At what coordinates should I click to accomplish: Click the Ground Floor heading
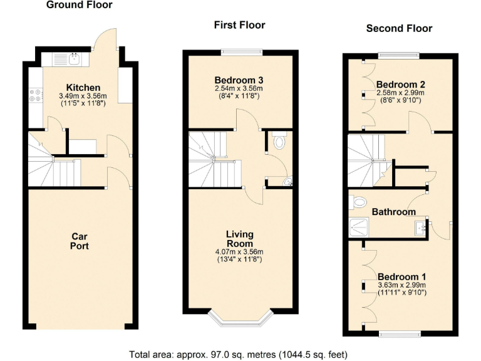80,5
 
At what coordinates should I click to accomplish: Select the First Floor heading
239,25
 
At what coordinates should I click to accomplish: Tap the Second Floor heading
399,28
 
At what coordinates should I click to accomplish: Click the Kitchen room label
83,87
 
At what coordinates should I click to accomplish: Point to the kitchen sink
75,60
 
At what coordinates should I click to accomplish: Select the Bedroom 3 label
239,80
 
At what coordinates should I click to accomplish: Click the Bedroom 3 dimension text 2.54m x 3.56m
239,89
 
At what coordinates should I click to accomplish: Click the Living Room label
239,239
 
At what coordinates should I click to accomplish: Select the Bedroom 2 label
401,85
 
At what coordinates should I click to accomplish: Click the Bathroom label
393,212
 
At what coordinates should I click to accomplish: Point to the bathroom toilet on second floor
358,202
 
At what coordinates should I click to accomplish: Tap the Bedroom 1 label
401,277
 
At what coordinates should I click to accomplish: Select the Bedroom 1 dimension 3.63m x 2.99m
401,285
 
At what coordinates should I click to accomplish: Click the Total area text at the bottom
238,353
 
